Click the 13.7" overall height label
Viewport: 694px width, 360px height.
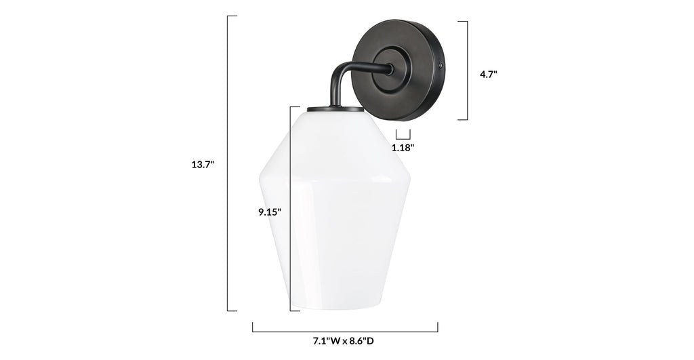point(203,164)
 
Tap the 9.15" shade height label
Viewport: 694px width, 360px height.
point(269,212)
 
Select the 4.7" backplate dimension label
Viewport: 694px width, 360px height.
point(488,75)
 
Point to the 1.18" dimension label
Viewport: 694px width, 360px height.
point(403,146)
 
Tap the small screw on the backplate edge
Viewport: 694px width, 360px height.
point(441,66)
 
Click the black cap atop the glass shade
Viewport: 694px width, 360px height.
point(330,109)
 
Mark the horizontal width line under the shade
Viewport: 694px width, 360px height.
point(345,331)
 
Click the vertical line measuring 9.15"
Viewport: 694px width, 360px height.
point(290,209)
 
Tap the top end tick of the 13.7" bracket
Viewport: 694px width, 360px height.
point(232,16)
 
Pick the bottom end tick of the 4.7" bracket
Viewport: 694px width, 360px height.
point(462,120)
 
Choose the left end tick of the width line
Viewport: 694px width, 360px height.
point(253,327)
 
